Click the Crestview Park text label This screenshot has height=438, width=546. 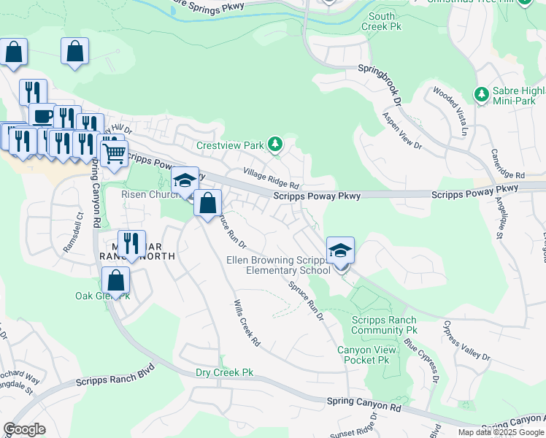pyautogui.click(x=230, y=145)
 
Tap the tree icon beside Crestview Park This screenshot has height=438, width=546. pyautogui.click(x=275, y=145)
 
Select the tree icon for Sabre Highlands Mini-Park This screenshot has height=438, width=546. pyautogui.click(x=481, y=94)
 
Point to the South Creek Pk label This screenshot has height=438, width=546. pyautogui.click(x=381, y=21)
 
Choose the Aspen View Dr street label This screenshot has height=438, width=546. pyautogui.click(x=402, y=131)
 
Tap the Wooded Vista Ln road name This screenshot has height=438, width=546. pyautogui.click(x=449, y=111)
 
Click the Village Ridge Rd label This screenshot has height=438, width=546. pyautogui.click(x=272, y=179)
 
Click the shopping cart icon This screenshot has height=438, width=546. pyautogui.click(x=114, y=154)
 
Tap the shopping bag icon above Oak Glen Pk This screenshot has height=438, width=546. pyautogui.click(x=115, y=280)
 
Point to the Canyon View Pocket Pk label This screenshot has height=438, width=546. pyautogui.click(x=366, y=355)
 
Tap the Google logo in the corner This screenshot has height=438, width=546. pyautogui.click(x=25, y=429)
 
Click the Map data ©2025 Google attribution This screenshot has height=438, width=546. pyautogui.click(x=501, y=432)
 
